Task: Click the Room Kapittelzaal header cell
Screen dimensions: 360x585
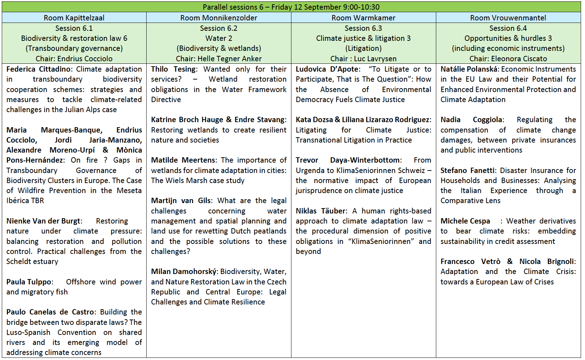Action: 74,18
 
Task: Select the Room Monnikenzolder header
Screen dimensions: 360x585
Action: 219,18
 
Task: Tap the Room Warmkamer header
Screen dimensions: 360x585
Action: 363,18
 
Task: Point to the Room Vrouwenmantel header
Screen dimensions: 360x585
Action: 508,18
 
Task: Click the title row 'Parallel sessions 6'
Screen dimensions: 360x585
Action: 291,7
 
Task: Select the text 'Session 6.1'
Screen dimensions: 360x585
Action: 74,28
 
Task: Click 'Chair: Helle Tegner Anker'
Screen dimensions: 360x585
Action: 219,59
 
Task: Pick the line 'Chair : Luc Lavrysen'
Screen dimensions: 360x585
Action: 363,59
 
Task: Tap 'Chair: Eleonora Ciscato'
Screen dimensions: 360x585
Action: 508,59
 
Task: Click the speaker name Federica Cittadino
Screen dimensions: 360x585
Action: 39,69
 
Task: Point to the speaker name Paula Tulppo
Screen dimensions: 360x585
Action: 29,282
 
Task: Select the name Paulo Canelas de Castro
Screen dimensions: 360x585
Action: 50,312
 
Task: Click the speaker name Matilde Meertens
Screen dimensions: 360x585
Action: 183,160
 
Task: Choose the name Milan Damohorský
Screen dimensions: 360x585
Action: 184,272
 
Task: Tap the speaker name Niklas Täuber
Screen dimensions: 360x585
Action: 320,211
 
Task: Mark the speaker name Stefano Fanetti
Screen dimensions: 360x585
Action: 467,171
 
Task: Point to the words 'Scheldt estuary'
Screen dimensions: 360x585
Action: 32,261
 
